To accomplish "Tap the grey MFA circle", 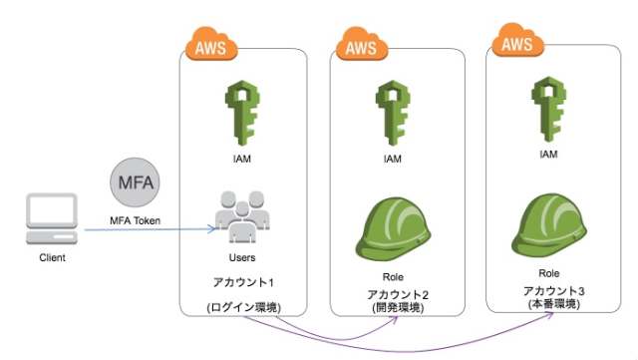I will coord(135,184).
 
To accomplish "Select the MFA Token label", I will coord(135,219).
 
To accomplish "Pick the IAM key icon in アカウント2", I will coord(393,111).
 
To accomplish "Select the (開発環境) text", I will coord(393,307).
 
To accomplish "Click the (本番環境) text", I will coord(546,302).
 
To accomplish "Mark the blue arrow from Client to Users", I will coord(150,231).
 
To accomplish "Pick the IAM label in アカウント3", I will coord(546,155).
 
